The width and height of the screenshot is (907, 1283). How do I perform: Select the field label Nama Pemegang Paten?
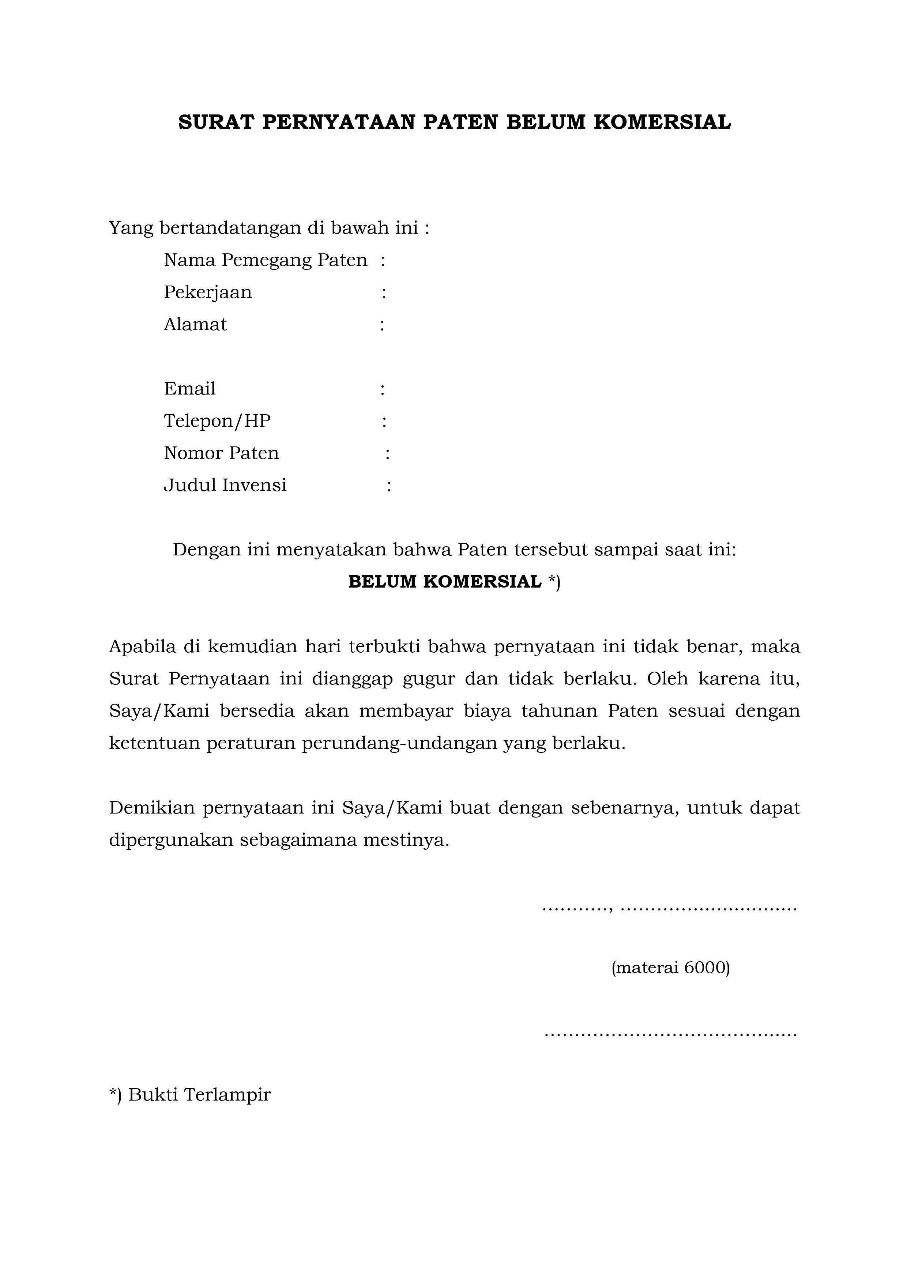[266, 260]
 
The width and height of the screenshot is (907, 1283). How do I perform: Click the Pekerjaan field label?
[208, 292]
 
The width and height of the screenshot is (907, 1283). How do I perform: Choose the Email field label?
[189, 388]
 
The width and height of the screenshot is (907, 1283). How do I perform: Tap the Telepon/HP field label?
[217, 421]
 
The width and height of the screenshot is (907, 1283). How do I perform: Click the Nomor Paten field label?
[221, 453]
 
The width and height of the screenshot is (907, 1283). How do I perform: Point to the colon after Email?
[382, 389]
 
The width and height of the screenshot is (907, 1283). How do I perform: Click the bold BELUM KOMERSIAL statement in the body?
[445, 582]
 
